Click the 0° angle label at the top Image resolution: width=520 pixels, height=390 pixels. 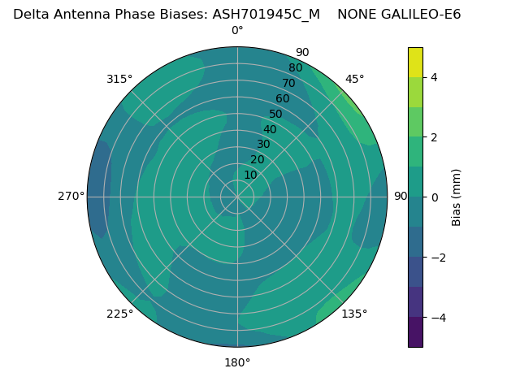[x=237, y=31]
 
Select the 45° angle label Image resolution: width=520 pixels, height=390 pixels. [x=355, y=79]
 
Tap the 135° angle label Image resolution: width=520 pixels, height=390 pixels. [x=354, y=314]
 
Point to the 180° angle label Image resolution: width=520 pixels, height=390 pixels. [x=237, y=362]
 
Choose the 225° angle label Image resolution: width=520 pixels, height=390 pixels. [x=119, y=314]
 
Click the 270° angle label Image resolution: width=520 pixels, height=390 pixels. [x=71, y=196]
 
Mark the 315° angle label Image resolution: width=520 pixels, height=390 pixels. [x=119, y=79]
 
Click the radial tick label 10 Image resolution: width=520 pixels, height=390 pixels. [x=250, y=175]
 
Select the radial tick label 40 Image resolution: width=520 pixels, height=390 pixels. [x=270, y=129]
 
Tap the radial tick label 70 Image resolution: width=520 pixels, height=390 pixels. [x=289, y=83]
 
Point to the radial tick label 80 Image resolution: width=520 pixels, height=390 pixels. [x=296, y=68]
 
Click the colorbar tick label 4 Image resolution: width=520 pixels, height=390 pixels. [x=435, y=77]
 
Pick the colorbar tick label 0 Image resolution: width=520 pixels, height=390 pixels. [x=435, y=197]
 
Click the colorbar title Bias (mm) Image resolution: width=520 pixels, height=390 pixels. [x=457, y=197]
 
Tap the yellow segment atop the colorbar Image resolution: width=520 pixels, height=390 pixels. [x=415, y=62]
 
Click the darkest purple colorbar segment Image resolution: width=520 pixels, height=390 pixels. [x=415, y=332]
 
